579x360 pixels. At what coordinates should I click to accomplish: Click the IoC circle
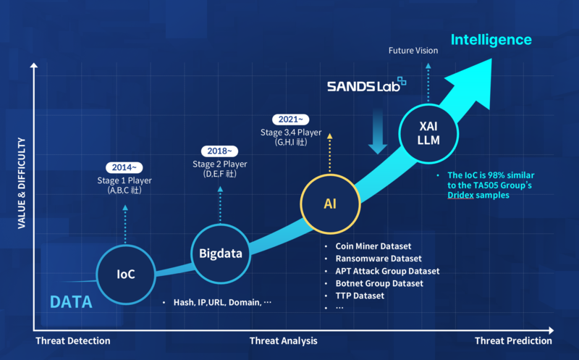click(126, 275)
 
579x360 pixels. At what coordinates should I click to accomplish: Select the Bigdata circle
click(220, 253)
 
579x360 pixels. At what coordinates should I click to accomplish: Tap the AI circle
click(329, 205)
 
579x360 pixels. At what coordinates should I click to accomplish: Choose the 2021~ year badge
click(291, 120)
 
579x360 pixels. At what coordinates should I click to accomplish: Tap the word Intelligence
click(491, 40)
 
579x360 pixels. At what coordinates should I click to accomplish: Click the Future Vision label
click(413, 51)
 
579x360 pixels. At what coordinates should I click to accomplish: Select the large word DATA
click(71, 301)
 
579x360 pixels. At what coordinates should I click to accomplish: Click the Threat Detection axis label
click(72, 340)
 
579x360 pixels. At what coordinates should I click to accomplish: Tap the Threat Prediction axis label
click(513, 340)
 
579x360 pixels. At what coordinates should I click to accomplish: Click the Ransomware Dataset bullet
click(378, 259)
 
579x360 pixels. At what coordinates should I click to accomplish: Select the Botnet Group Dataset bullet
click(379, 283)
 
